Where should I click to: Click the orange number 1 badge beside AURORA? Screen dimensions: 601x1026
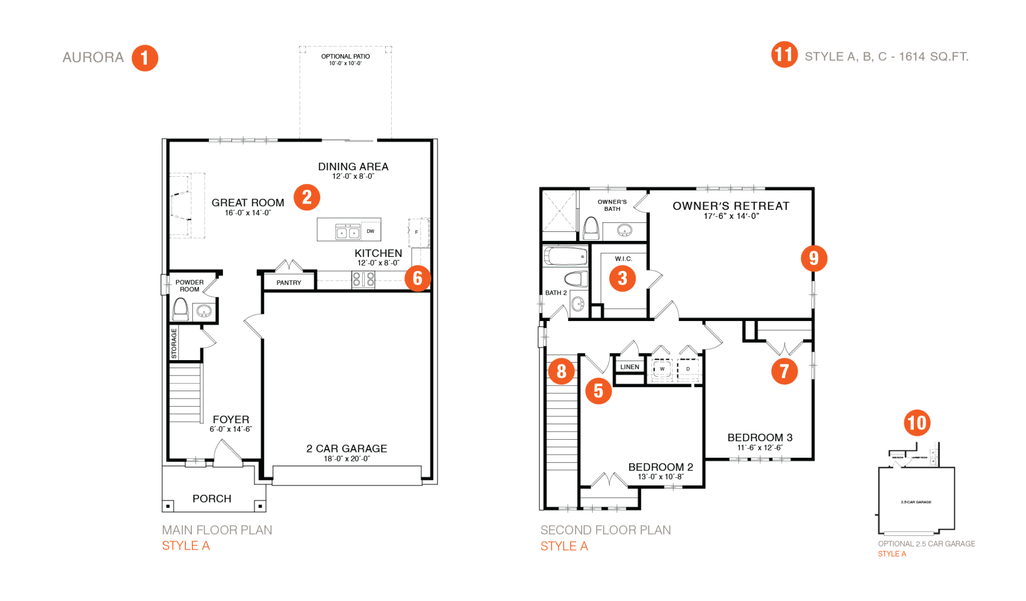[145, 58]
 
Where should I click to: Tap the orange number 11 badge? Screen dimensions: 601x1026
[784, 54]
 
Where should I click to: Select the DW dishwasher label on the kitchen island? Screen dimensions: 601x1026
[370, 231]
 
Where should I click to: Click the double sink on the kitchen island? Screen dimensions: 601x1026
[347, 232]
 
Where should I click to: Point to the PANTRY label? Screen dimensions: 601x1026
[289, 283]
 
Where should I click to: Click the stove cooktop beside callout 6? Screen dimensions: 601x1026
[363, 279]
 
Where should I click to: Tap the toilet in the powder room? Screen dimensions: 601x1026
[181, 310]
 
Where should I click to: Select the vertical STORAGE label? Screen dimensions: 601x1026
[174, 344]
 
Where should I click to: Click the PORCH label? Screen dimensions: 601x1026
[212, 498]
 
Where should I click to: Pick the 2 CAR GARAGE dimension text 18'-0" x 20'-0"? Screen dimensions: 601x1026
[346, 458]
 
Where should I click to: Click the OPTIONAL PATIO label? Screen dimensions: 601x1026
[345, 56]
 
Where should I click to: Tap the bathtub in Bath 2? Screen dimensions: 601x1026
[565, 257]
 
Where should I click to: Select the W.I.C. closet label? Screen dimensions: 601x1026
[623, 259]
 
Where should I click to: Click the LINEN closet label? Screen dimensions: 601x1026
[629, 367]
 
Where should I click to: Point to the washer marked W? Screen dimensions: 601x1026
[662, 369]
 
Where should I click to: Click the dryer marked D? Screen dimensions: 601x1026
[688, 369]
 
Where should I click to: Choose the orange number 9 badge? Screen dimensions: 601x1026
[814, 259]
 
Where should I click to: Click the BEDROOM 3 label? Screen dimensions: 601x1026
[760, 438]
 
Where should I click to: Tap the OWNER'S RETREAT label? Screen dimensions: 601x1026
[730, 206]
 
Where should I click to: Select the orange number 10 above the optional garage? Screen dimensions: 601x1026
[917, 423]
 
